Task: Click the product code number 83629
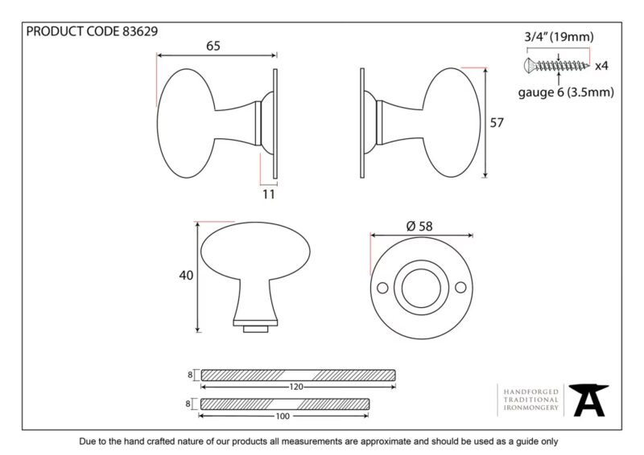coord(140,31)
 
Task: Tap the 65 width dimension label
coord(213,46)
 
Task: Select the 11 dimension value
coord(269,194)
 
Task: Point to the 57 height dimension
coord(497,123)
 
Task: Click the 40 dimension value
coord(186,275)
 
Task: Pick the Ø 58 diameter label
coord(419,226)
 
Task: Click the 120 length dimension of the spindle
coord(296,387)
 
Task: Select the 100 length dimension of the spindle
coord(283,416)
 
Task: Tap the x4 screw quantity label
coord(601,66)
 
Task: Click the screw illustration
coord(556,65)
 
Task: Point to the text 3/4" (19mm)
coord(559,37)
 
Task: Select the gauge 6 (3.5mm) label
coord(566,92)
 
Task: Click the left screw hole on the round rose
coord(382,288)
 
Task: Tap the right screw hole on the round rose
coord(460,288)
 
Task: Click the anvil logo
coord(589,400)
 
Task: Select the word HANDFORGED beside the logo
coord(531,392)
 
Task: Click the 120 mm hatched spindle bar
coord(298,375)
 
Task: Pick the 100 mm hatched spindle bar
coord(285,404)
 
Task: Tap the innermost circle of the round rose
coord(421,288)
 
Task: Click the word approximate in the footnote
coord(386,442)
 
